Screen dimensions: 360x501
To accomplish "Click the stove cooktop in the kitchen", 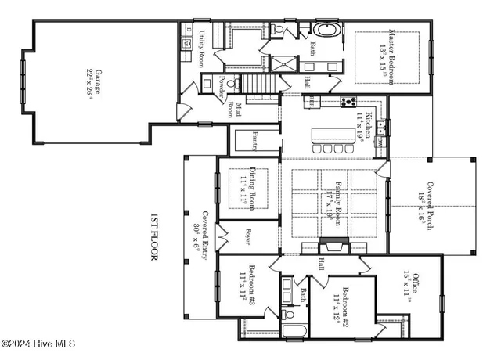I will tap(348, 100).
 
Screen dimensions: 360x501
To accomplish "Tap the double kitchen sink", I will tap(380, 125).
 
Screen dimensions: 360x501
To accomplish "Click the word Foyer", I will tap(247, 236).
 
